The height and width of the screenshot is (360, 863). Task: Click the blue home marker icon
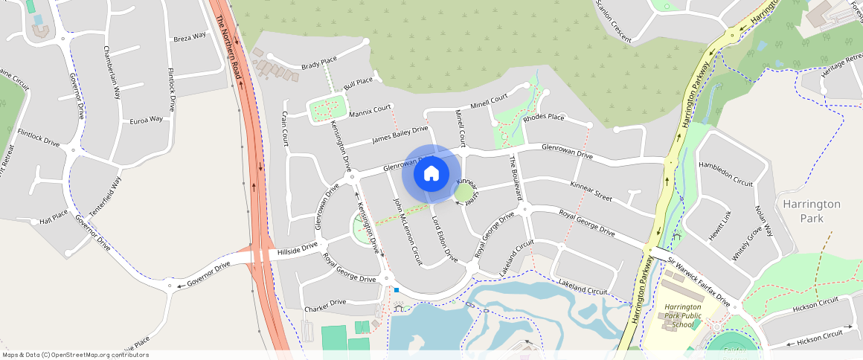(431, 174)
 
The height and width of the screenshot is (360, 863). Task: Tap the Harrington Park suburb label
(811, 211)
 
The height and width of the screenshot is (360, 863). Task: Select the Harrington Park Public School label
(682, 315)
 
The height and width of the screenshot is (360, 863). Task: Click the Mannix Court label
(370, 112)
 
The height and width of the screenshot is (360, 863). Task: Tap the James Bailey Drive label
(400, 135)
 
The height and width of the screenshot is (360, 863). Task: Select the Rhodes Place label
(543, 118)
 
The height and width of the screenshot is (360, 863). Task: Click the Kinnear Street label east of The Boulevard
(591, 191)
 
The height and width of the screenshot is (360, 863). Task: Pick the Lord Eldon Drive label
(445, 238)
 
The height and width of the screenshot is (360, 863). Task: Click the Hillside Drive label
(297, 249)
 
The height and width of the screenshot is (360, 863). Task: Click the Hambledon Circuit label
(725, 172)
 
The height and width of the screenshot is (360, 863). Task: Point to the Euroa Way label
(146, 119)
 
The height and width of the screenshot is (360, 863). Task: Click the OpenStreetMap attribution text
(75, 355)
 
